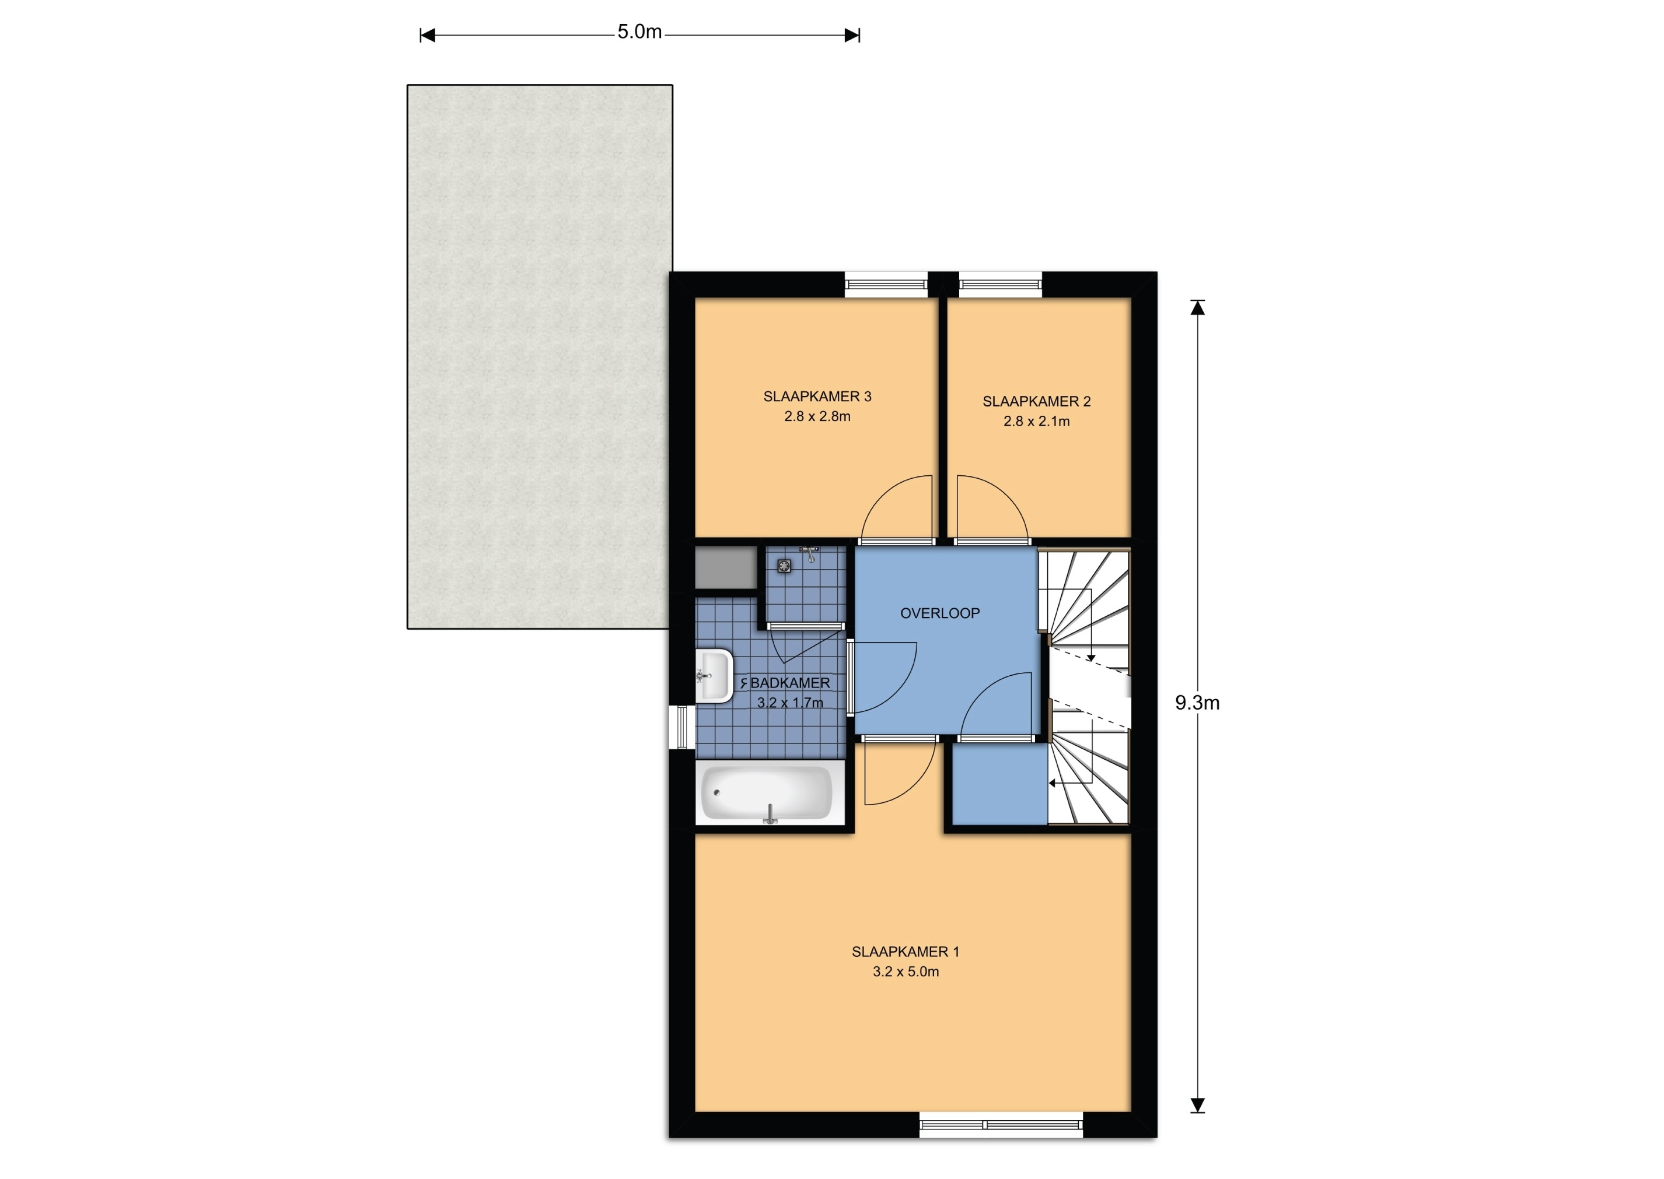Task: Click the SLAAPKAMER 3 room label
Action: tap(817, 396)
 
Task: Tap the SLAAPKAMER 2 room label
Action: tap(1036, 402)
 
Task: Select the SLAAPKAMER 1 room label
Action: tap(905, 952)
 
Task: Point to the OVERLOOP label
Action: tap(940, 613)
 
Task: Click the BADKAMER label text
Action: tap(789, 683)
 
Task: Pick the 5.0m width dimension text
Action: tap(639, 32)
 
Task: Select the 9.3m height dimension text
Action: tap(1197, 703)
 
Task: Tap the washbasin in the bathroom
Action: tap(714, 676)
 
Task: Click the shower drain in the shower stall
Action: tap(784, 566)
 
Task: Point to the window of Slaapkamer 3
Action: tap(886, 285)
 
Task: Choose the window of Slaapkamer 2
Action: tap(1001, 285)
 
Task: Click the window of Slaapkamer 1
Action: tap(1001, 1125)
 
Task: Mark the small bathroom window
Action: tap(682, 727)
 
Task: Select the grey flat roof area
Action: tap(539, 356)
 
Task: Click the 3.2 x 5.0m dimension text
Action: tap(906, 972)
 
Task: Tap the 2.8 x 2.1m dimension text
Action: tap(1036, 422)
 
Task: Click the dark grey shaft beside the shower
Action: tap(726, 569)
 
